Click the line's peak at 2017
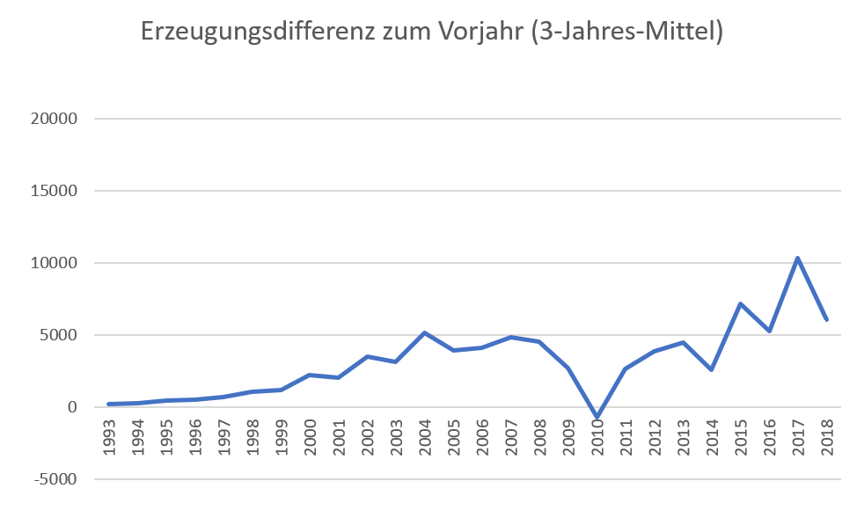(798, 258)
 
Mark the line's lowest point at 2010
(597, 417)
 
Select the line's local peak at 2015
(741, 304)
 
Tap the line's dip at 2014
(712, 369)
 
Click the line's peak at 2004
(425, 333)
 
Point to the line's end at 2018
(827, 319)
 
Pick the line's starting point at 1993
(109, 404)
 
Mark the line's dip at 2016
(770, 331)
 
